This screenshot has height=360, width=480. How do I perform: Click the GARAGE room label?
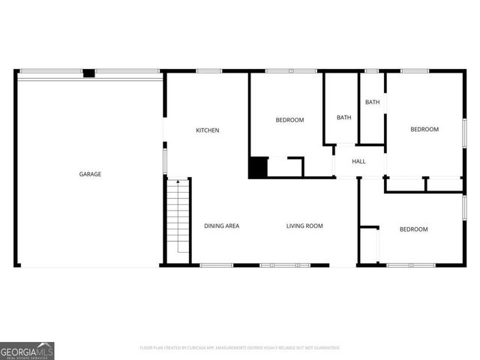[x=90, y=174]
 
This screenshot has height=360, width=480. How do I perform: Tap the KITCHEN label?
[x=208, y=130]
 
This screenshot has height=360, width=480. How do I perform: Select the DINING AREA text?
[x=222, y=226]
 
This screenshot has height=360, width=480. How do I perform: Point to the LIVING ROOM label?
[x=304, y=226]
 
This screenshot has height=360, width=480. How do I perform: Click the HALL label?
[x=358, y=161]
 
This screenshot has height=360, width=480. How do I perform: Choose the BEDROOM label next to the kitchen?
[x=289, y=120]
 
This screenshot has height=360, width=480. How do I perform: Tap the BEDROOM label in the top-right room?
[x=424, y=130]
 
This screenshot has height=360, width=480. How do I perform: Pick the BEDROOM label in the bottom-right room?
[x=413, y=229]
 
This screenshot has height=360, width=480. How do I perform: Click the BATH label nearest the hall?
[x=343, y=117]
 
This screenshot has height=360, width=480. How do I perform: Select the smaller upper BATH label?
[x=373, y=102]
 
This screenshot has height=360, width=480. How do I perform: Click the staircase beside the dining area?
[x=178, y=221]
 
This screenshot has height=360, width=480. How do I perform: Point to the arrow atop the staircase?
[x=178, y=181]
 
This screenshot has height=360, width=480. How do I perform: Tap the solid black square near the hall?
[x=258, y=167]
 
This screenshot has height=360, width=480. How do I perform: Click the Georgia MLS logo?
[x=27, y=350]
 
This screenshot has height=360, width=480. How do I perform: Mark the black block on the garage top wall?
[x=88, y=73]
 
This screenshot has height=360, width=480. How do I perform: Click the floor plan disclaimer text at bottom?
[x=240, y=348]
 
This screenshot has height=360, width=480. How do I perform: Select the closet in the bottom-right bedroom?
[x=369, y=245]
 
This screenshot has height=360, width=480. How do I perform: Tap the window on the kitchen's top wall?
[x=209, y=71]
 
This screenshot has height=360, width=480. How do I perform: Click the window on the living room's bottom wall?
[x=285, y=265]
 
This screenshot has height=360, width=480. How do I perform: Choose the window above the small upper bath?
[x=371, y=71]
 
